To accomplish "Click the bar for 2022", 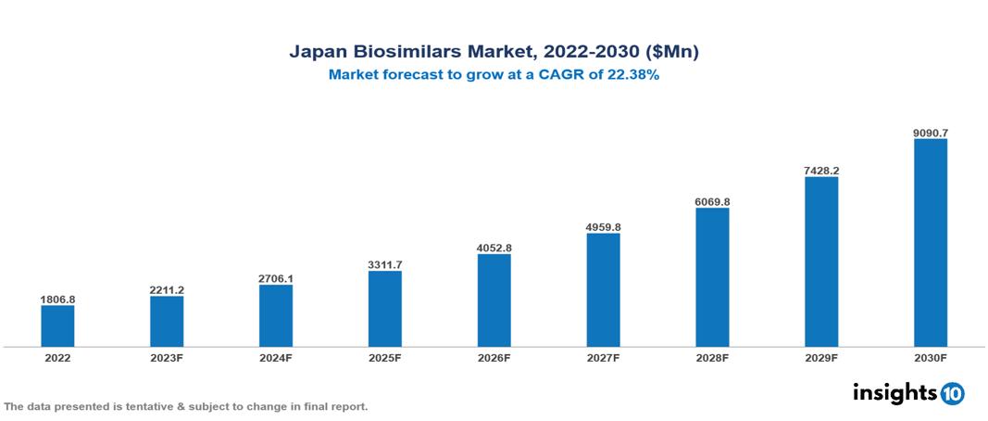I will tap(57, 325).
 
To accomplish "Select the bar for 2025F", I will tap(384, 309).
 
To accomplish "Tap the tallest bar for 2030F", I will tap(930, 243).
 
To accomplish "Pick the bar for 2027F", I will tap(603, 289).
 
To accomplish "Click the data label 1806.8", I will tap(57, 300).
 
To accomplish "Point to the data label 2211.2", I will tap(167, 290).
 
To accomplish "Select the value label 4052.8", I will tap(494, 248).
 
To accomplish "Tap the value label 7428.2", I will tap(821, 171).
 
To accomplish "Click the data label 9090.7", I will tap(930, 133).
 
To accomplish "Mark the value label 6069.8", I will tap(712, 201).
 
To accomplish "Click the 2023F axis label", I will tap(167, 357).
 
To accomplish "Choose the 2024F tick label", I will tap(276, 357).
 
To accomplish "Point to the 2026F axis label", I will tap(494, 357).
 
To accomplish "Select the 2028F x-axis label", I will tap(712, 357).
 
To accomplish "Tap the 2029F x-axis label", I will tap(821, 357).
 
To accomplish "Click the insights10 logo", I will tap(907, 393).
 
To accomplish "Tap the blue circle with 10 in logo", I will tap(952, 394).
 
